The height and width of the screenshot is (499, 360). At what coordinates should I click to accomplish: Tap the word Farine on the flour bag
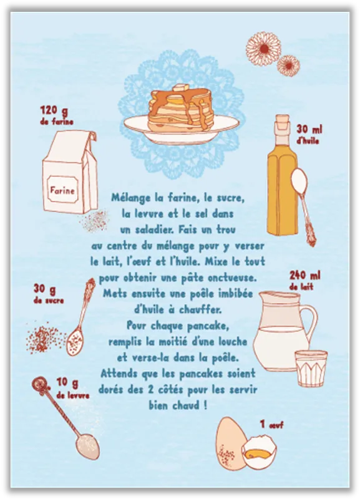tap(62, 191)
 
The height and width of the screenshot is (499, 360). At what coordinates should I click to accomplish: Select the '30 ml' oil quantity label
tap(309, 129)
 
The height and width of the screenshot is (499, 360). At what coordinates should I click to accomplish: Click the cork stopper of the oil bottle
tap(282, 122)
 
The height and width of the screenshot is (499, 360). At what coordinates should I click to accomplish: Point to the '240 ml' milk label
tap(304, 275)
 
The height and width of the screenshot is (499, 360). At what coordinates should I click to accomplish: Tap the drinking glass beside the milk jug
tap(311, 369)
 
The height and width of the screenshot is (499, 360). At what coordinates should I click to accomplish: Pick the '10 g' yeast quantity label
tap(67, 382)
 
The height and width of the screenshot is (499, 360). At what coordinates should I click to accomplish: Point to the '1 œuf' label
tap(271, 424)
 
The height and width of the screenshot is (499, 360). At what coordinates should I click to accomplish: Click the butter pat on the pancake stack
tap(180, 87)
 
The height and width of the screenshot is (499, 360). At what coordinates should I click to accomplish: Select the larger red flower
tap(263, 49)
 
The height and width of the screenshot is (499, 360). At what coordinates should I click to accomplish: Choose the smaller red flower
tap(288, 66)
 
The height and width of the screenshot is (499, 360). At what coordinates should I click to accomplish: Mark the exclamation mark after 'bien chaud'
tap(205, 405)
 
